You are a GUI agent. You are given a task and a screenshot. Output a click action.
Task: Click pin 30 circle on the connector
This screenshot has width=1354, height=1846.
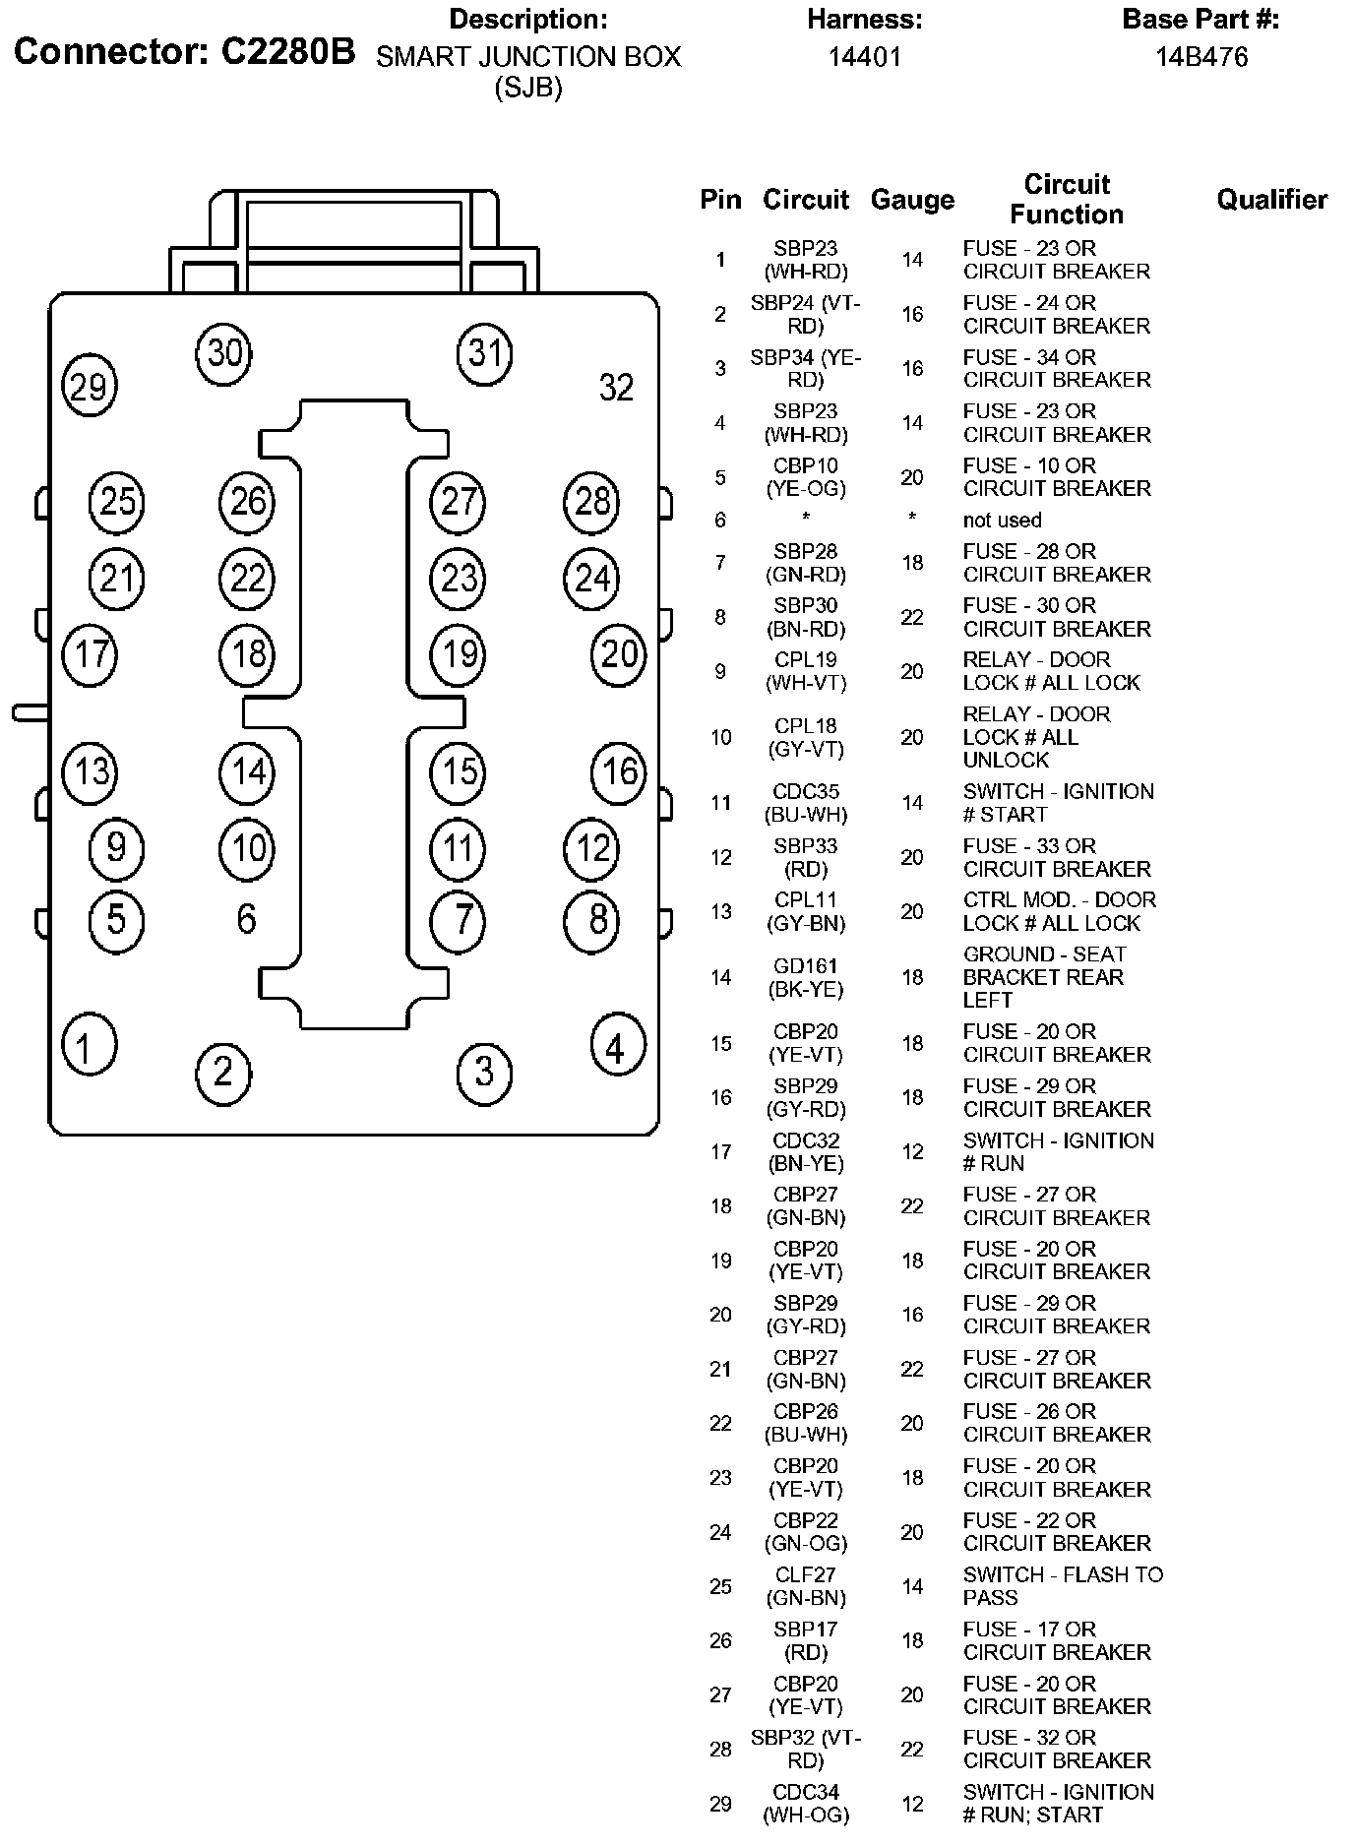[x=224, y=352]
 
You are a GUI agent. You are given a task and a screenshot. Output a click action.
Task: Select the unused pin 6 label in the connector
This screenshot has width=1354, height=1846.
[x=246, y=919]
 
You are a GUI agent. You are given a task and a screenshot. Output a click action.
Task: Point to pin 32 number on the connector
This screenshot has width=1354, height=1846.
[x=616, y=388]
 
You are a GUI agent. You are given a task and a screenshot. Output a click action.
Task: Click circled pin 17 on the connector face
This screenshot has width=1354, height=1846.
[x=91, y=654]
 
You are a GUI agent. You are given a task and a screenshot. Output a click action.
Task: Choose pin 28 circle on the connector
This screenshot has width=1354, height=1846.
[x=591, y=502]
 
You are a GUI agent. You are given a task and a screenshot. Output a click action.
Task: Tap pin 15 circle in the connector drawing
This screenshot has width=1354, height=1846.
[x=458, y=771]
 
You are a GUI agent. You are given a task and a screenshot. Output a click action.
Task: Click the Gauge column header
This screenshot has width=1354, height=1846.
[x=912, y=200]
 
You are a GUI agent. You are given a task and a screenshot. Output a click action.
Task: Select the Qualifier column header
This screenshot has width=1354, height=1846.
[x=1271, y=200]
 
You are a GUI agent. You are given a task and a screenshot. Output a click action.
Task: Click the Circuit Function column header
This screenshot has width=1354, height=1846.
[x=1066, y=199]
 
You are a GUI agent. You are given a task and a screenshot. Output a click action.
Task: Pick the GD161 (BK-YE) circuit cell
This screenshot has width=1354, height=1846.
[x=805, y=978]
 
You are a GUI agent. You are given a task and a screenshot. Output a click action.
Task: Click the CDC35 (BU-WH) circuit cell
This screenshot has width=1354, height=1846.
[x=805, y=803]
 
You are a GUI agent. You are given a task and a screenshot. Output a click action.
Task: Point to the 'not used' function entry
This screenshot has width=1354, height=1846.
[x=1002, y=521]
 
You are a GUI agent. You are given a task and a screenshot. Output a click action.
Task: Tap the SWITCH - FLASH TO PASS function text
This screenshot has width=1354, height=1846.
[x=1063, y=1586]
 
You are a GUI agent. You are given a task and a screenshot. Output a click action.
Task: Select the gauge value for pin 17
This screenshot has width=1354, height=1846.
[x=912, y=1152]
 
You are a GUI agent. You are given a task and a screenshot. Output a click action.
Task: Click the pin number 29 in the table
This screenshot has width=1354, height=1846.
[x=720, y=1804]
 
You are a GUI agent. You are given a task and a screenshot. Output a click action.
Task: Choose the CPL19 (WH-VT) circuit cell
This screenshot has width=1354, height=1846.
[x=805, y=671]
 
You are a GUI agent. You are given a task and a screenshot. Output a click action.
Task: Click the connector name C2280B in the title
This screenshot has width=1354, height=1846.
[x=287, y=51]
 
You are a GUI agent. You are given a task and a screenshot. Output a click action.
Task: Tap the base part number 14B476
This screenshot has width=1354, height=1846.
[x=1200, y=57]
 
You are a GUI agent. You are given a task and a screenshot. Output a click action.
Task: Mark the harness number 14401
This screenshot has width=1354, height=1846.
[x=864, y=57]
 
